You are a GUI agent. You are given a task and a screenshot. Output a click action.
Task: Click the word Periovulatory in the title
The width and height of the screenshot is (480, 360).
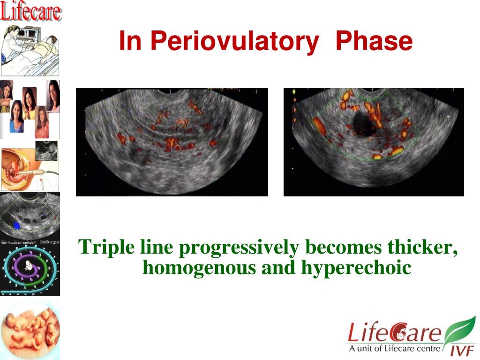(x=235, y=41)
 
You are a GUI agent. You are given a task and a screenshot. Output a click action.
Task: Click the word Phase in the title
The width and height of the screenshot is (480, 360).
(x=374, y=41)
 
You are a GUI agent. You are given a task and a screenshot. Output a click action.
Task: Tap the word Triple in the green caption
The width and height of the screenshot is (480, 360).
(x=106, y=247)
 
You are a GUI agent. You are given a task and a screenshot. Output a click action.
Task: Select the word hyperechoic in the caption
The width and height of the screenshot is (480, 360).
(x=356, y=268)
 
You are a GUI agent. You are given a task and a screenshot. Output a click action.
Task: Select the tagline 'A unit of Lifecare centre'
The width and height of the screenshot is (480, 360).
(x=394, y=348)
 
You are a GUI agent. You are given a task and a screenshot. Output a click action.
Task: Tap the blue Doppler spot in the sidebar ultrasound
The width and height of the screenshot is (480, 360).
(x=16, y=226)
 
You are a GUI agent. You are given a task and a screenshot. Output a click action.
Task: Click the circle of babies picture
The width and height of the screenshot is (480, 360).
(x=30, y=330)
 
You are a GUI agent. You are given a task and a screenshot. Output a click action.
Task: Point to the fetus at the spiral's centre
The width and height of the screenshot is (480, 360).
(x=29, y=266)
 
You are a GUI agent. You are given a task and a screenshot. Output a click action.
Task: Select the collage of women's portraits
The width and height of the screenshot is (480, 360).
(x=30, y=109)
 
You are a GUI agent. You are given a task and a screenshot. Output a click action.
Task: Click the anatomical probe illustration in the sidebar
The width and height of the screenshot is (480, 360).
(x=30, y=166)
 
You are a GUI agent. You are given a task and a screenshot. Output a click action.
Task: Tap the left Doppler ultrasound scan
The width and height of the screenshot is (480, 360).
(x=172, y=142)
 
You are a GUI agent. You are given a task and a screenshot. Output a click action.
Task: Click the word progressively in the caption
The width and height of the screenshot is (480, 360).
(x=239, y=247)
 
